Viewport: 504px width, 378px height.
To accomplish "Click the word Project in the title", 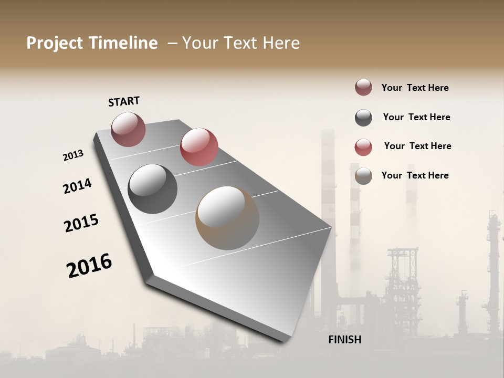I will coord(55,43).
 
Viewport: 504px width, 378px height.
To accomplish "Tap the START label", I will coord(124,101).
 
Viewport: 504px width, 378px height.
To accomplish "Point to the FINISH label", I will coord(344,340).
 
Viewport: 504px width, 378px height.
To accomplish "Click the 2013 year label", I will coord(73,155).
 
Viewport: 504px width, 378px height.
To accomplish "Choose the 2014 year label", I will coord(77,186).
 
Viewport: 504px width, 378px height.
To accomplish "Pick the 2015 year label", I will coord(81,223).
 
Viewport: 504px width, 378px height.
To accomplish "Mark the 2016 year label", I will coord(89,265).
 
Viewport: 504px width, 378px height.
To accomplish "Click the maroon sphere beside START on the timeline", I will coord(128,129).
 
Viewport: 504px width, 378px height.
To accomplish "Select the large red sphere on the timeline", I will coord(199,146).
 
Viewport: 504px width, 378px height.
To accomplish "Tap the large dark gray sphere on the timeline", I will coord(153,189).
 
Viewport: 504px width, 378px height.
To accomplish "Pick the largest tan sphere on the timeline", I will coord(227,217).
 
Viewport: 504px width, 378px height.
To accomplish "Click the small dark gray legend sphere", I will coord(363,117).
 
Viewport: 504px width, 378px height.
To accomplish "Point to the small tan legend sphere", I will coord(363,176).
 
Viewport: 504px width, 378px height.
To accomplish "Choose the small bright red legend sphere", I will coord(363,146).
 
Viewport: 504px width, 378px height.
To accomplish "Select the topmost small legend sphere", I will coord(363,87).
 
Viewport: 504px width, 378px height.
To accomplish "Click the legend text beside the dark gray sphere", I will coord(416,117).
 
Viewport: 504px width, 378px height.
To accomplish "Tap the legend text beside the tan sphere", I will coord(415,175).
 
